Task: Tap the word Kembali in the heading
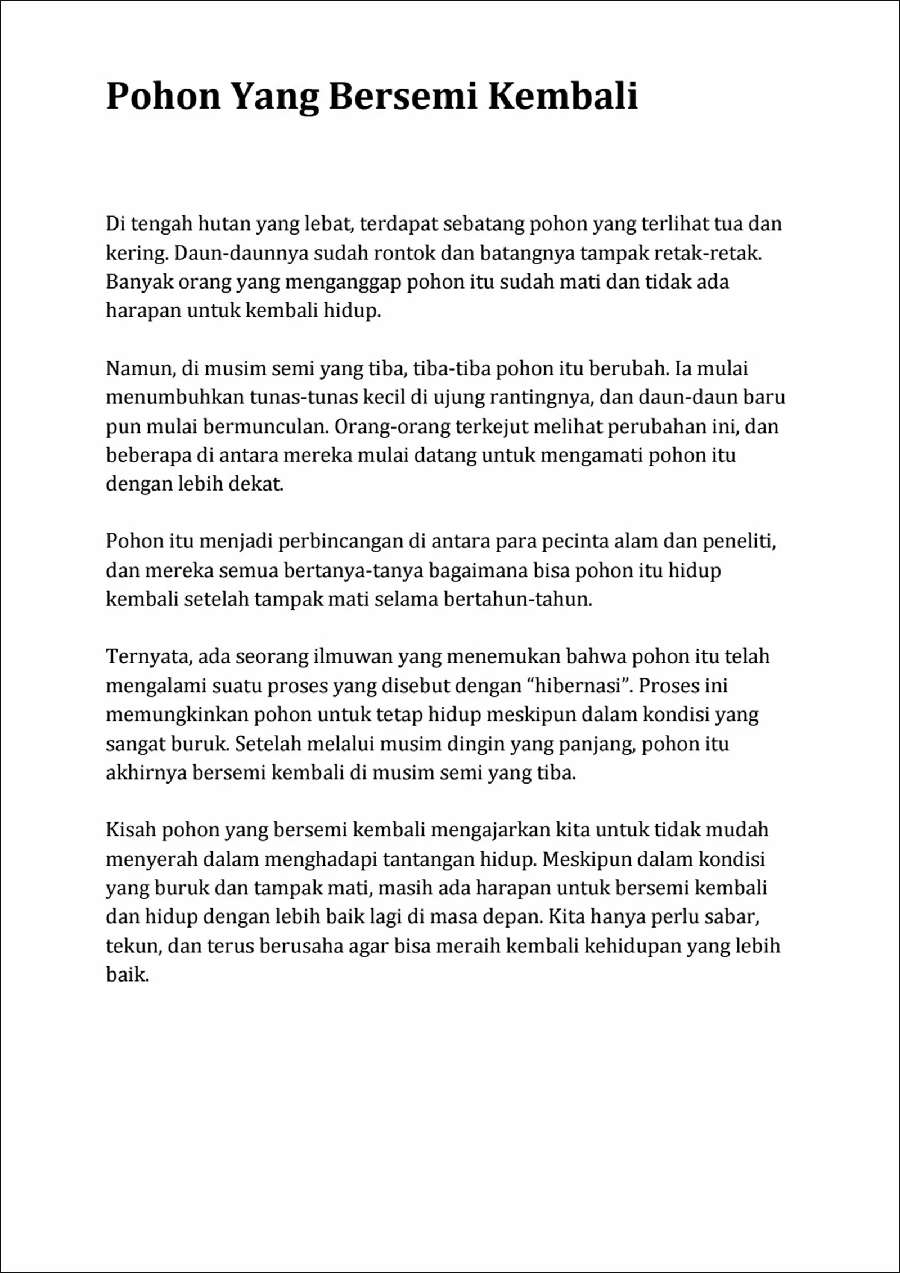[x=562, y=96]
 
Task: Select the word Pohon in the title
[x=163, y=96]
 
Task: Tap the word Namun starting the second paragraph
[x=141, y=369]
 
